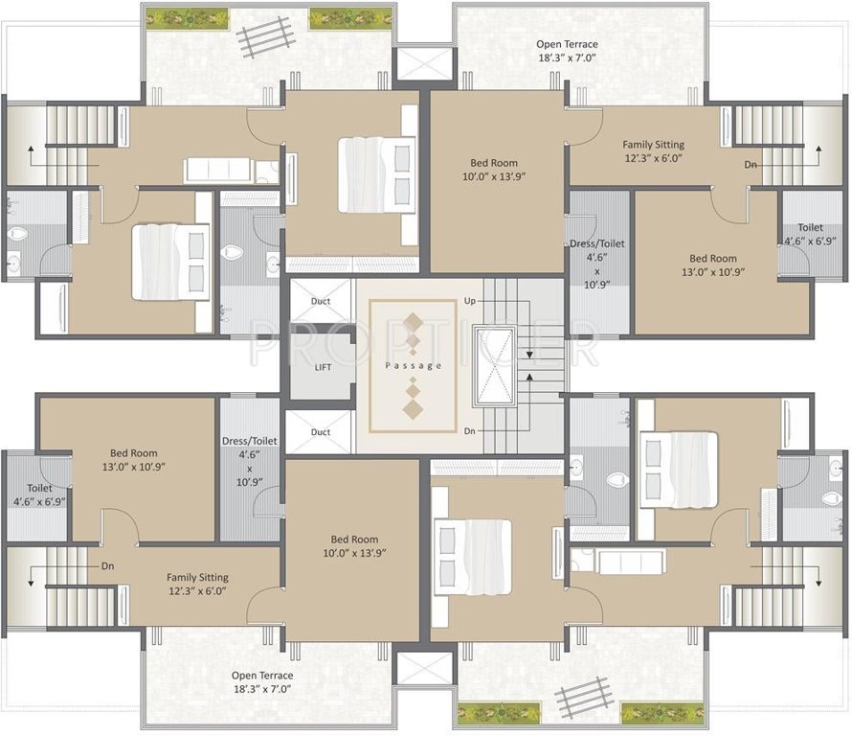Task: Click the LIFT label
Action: point(323,367)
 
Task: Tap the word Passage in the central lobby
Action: point(413,365)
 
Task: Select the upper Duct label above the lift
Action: point(321,301)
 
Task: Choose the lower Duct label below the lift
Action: point(321,432)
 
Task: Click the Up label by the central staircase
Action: point(469,301)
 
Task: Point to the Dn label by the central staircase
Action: point(469,431)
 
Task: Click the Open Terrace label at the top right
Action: point(568,51)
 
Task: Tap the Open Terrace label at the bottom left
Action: point(262,681)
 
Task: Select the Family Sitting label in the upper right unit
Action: point(653,151)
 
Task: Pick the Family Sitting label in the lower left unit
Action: point(197,584)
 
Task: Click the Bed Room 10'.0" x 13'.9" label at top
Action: point(494,170)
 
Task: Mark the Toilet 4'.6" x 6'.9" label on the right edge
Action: point(810,234)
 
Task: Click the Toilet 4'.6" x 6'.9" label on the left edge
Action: point(39,494)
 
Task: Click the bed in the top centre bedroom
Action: point(376,174)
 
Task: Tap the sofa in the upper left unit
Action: point(217,171)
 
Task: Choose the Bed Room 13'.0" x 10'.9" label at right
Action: point(713,264)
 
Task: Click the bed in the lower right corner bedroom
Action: point(680,470)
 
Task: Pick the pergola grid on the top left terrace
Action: point(266,37)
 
